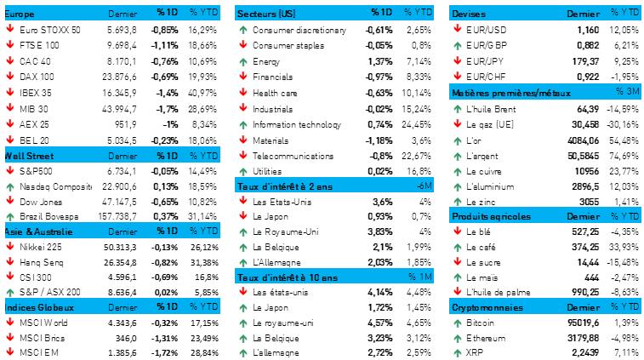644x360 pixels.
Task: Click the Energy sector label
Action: click(267, 61)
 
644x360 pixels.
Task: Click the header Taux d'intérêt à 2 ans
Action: click(286, 186)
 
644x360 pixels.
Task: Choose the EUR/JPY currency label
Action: click(483, 61)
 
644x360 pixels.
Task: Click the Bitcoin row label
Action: click(481, 323)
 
